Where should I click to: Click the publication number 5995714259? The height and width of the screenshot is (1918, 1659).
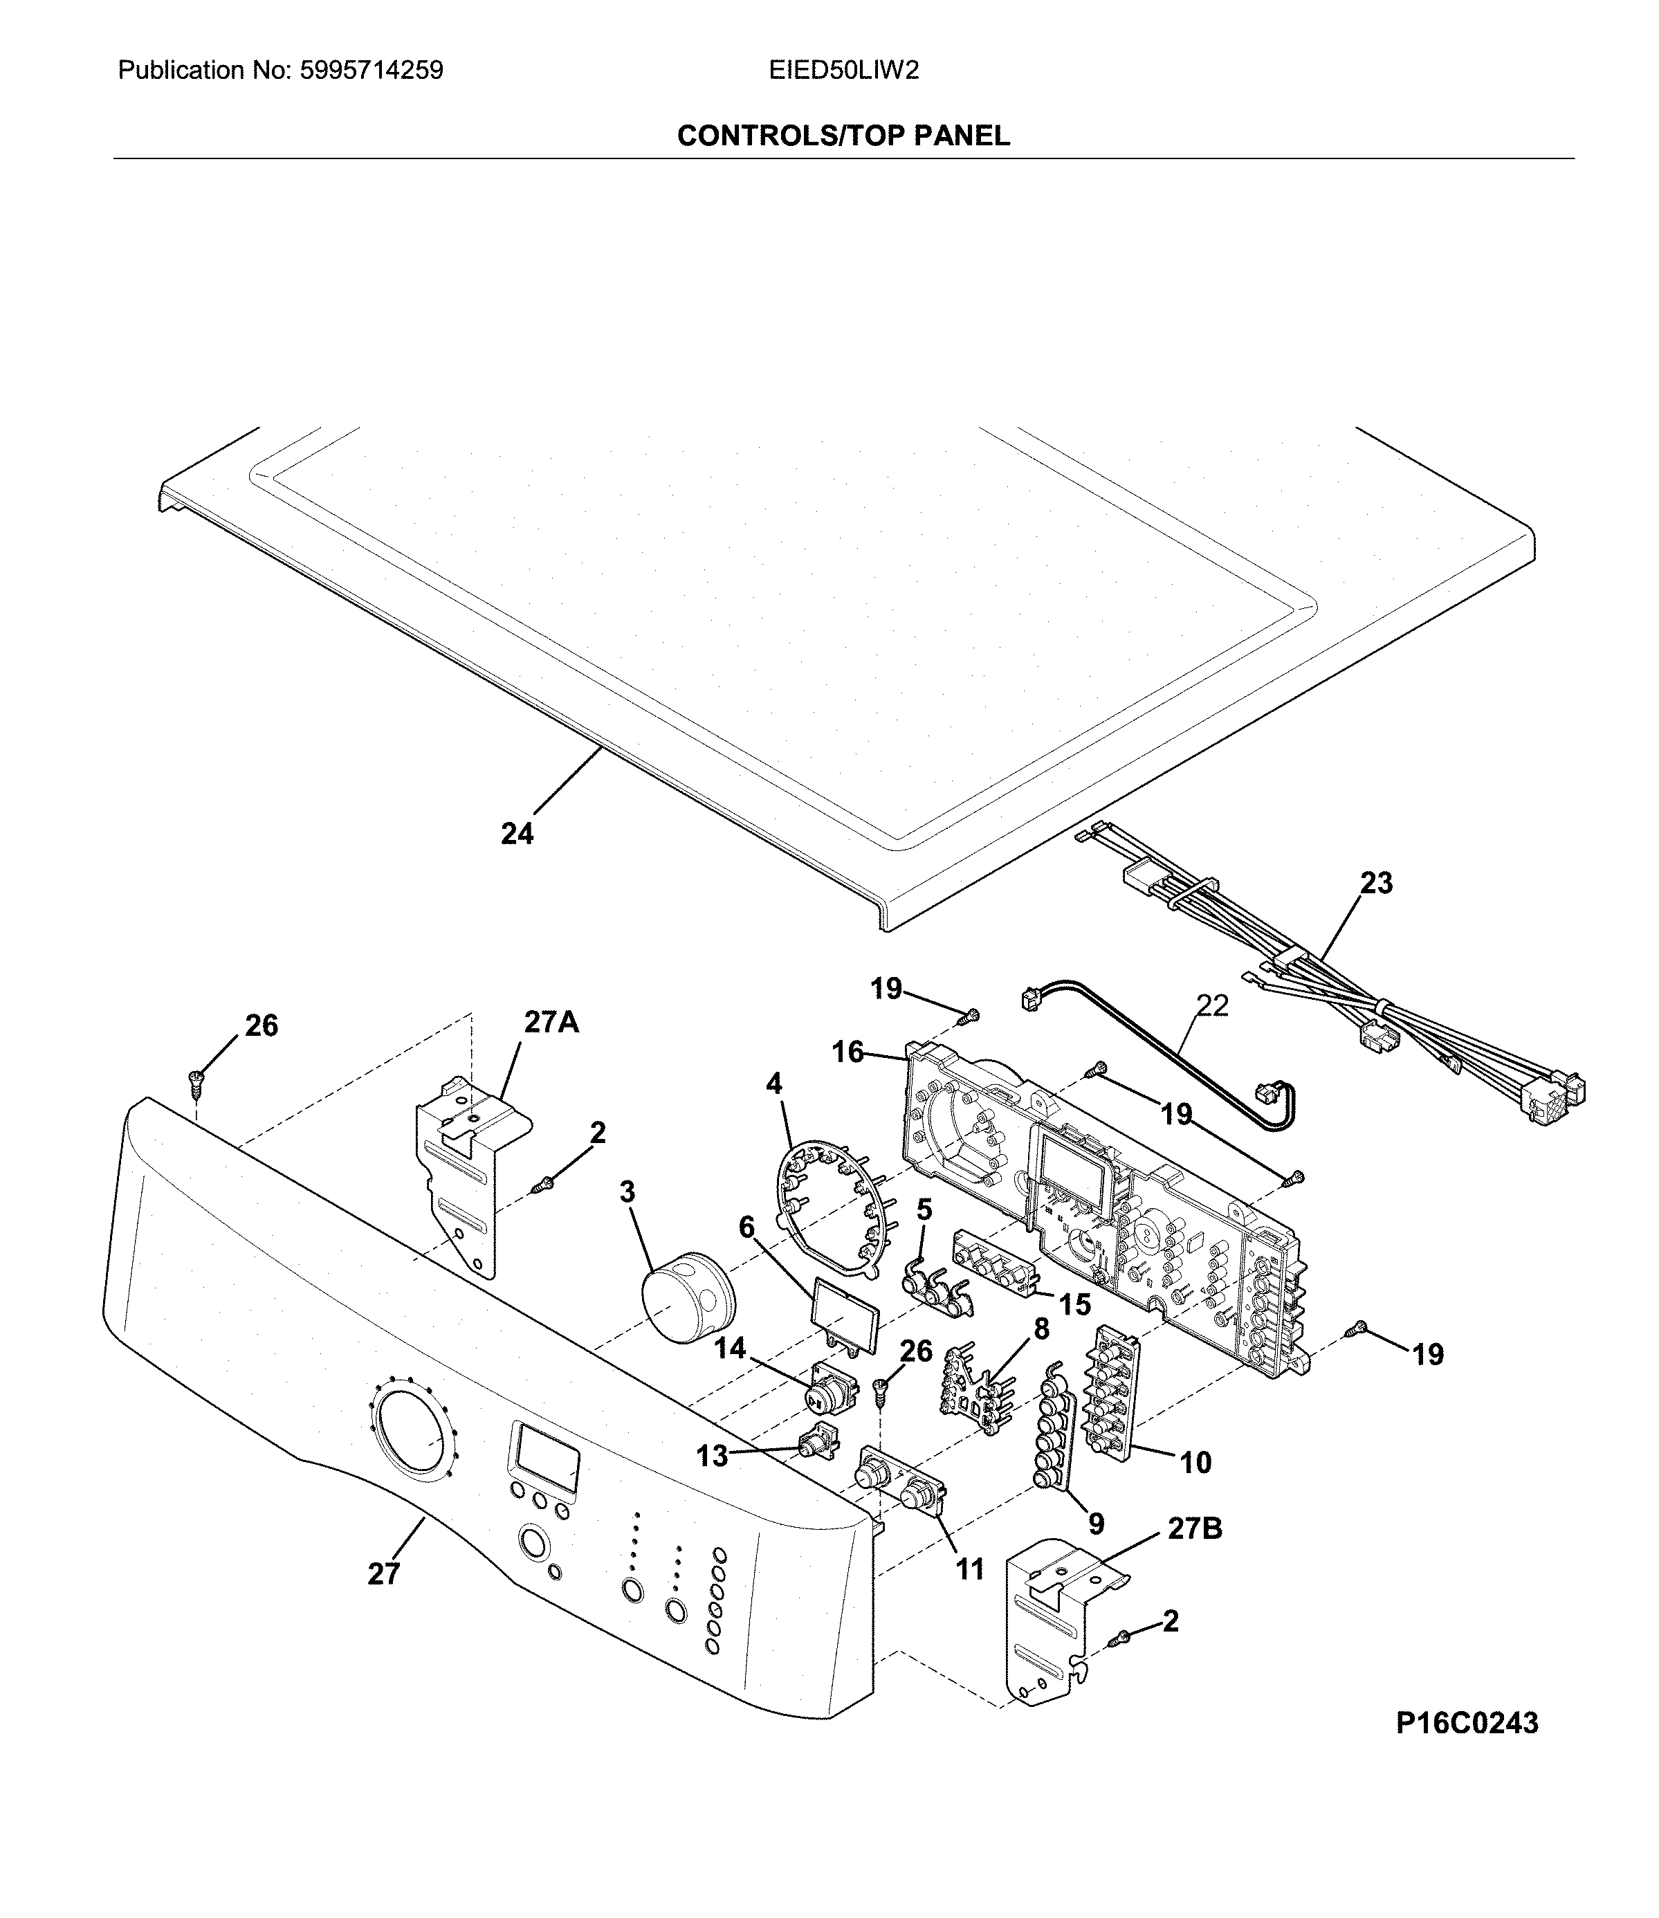372,71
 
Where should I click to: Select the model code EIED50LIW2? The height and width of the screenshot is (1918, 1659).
843,71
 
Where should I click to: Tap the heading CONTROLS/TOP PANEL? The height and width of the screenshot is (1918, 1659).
843,136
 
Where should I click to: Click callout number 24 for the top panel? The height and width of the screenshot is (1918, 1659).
517,834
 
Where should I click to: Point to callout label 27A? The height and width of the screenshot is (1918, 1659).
552,1022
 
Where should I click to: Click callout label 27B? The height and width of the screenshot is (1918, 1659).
1194,1528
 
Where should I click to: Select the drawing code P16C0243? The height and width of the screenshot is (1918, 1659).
1467,1723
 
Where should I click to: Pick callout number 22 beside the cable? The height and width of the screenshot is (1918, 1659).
1212,1005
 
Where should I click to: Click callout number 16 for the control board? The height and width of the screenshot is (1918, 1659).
848,1052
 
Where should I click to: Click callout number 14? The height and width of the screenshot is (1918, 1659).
731,1348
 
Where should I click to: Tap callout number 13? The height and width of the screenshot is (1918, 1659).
712,1456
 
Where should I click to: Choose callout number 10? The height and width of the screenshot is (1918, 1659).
1196,1463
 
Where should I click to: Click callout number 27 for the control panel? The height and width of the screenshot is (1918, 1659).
383,1573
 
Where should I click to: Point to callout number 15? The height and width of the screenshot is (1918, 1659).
1075,1304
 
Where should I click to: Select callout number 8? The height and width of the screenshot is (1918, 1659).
1041,1329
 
